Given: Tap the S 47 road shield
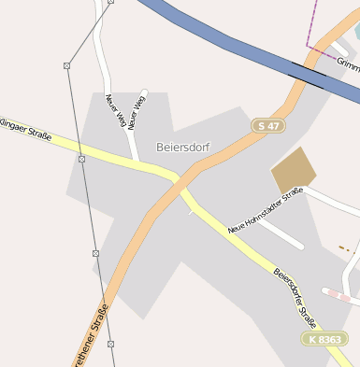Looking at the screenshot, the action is [x=268, y=124].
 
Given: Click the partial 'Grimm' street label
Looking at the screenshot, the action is [x=348, y=64].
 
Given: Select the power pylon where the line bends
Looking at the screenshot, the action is [x=66, y=65].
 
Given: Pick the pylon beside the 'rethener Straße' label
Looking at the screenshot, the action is [x=110, y=344].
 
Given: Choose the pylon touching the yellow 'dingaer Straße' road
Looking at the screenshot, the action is [x=81, y=159].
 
